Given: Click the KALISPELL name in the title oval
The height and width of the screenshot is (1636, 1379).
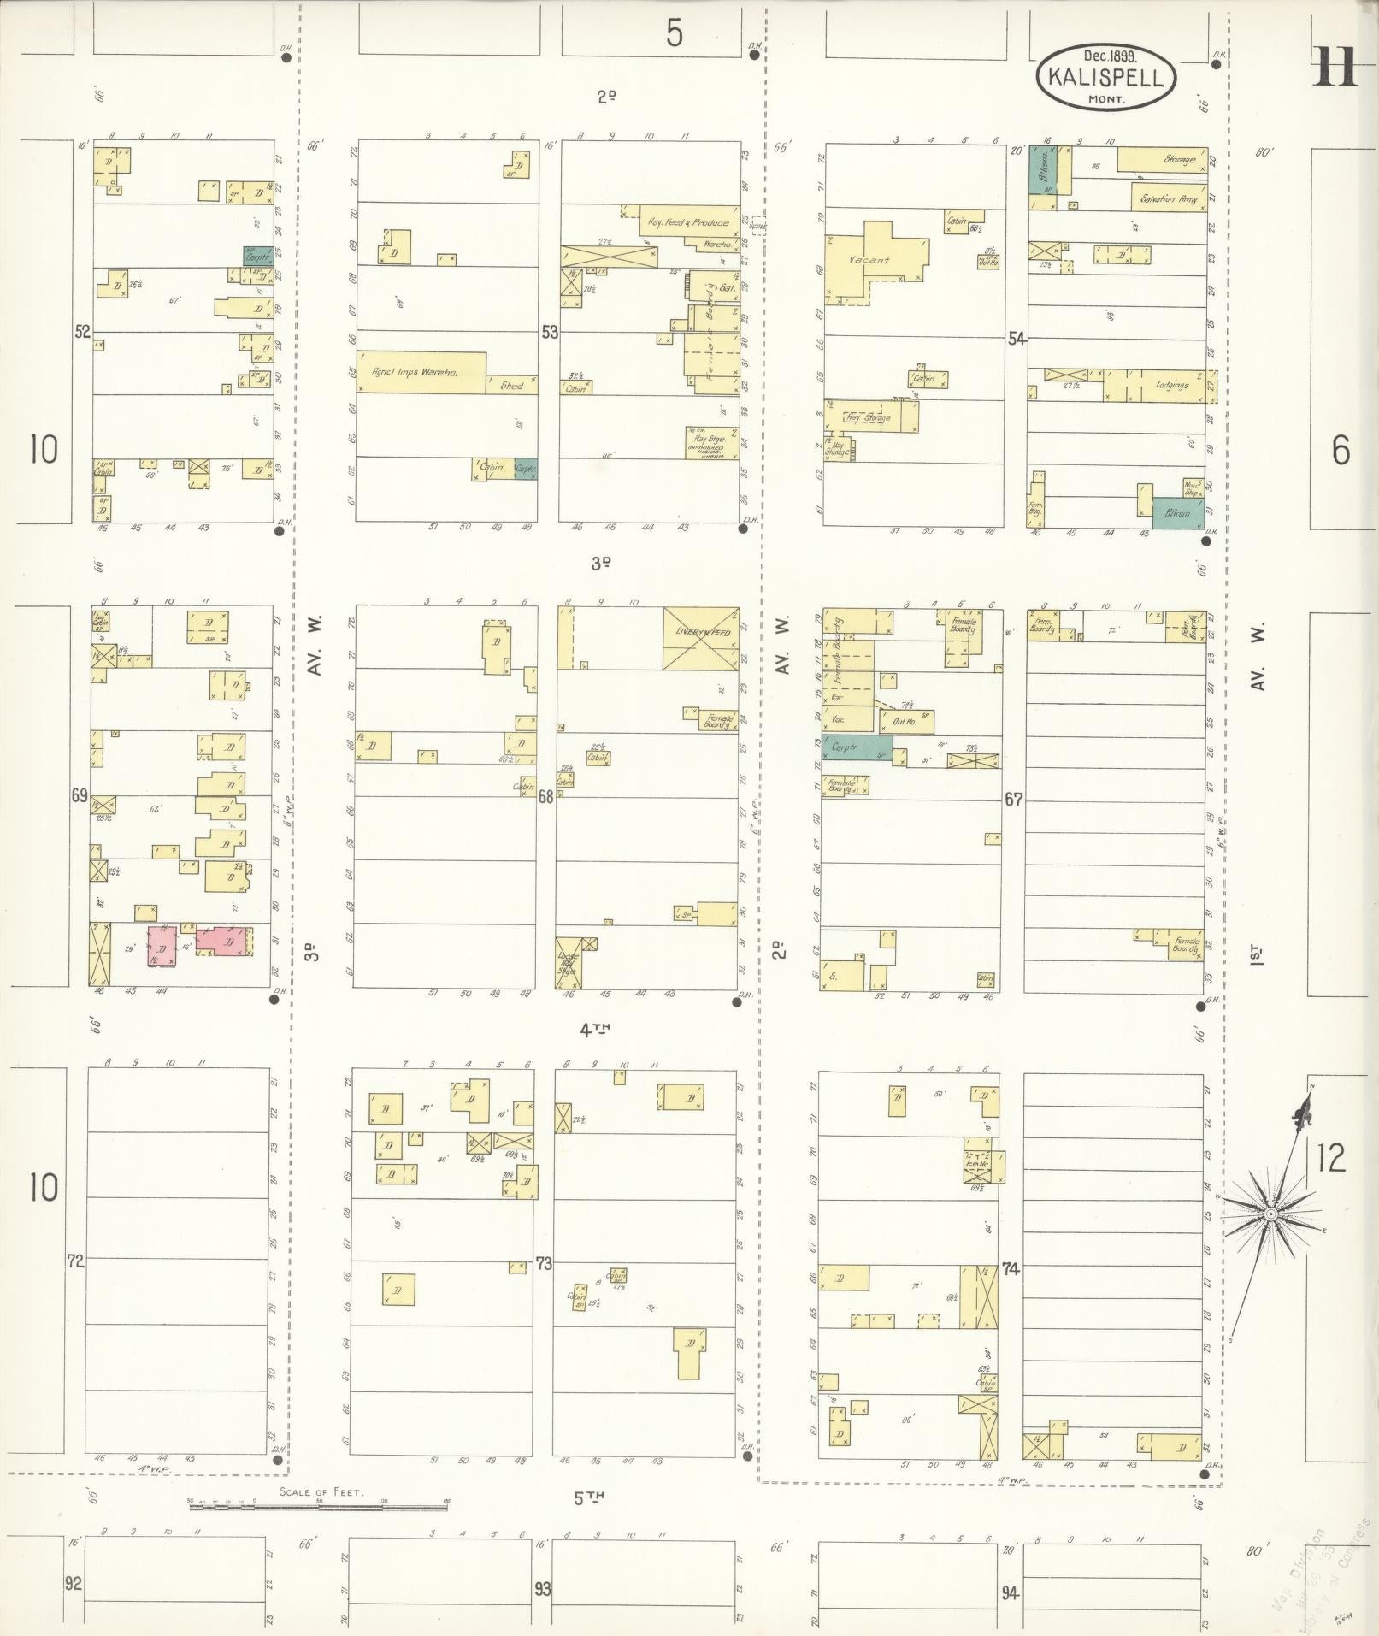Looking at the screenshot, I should point(1105,79).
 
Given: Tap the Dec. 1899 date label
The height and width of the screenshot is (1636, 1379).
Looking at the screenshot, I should point(1107,56).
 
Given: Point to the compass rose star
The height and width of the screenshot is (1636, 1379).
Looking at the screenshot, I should point(1270,1214).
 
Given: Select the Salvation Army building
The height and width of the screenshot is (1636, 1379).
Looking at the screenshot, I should point(1168,198).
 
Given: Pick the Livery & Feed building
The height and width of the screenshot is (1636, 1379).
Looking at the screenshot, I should point(700,638).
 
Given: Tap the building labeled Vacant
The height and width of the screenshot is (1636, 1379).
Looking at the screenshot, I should point(870,259).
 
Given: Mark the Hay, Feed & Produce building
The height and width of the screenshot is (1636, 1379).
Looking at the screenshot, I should point(687,221).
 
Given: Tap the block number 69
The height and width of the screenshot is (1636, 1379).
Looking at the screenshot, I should point(80,796).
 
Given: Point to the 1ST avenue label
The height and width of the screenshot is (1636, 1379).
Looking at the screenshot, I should point(1256,953).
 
